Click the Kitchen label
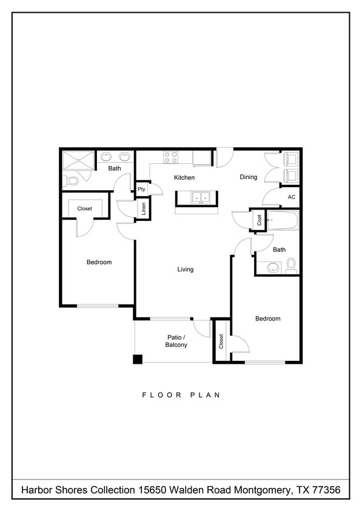[x=184, y=177]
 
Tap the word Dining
[x=248, y=177]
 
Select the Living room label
[x=186, y=269]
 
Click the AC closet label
[x=291, y=197]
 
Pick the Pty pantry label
[x=141, y=190]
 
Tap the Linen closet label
[x=144, y=209]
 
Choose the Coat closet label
[x=259, y=220]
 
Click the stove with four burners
[x=171, y=157]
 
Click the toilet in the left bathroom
[x=72, y=180]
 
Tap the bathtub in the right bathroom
[x=283, y=220]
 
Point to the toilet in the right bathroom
[x=290, y=265]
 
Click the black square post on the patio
[x=138, y=359]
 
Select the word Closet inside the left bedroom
[x=85, y=209]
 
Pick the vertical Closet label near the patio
[x=221, y=341]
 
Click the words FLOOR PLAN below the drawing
[x=181, y=395]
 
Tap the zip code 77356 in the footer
[x=326, y=489]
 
